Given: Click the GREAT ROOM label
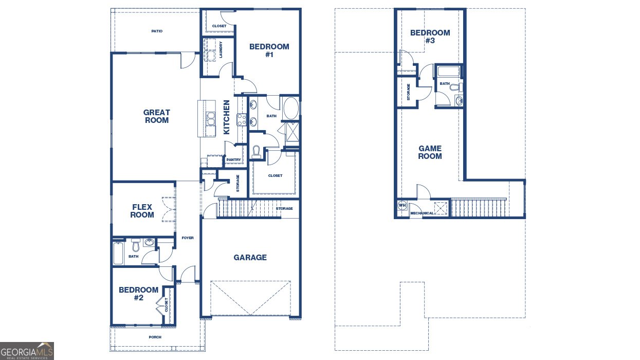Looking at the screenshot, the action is tap(157, 116).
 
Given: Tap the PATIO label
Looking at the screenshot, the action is tap(157, 31).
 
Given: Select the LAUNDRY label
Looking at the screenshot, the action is tap(221, 49).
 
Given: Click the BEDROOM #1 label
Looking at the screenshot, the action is tap(269, 50).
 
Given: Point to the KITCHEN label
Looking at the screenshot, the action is tap(226, 117).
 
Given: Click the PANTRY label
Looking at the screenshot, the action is tap(233, 160).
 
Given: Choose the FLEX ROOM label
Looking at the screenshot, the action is tap(142, 211).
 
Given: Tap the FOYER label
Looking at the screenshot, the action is tap(188, 238).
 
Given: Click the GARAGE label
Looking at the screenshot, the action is tap(250, 257).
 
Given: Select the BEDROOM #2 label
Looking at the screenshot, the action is tap(139, 294).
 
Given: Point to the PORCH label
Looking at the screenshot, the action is tap(155, 337).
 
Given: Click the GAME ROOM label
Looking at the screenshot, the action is tap(430, 152).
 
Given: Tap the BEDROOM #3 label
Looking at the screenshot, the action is tap(430, 37).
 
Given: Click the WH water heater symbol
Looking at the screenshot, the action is tap(402, 205).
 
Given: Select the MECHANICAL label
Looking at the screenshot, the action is tap(422, 213).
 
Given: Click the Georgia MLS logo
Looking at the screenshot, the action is tap(27, 351).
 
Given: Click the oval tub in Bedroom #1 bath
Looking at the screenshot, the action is tap(291, 109).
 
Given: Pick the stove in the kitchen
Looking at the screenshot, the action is tap(242, 119).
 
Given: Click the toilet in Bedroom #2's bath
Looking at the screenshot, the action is tap(136, 245).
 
